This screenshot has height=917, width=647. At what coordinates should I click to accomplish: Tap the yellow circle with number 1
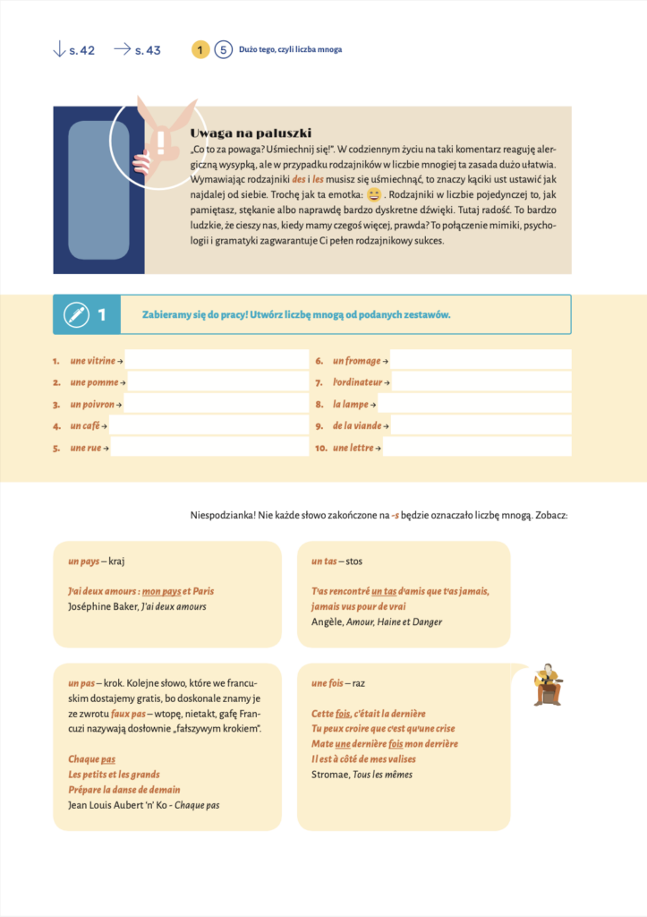click(200, 49)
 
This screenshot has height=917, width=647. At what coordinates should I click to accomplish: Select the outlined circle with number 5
click(223, 49)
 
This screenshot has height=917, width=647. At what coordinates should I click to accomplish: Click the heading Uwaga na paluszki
click(251, 133)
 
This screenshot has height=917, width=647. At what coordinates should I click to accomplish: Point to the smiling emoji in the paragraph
click(374, 194)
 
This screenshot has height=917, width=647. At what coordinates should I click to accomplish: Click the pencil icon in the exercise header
click(77, 314)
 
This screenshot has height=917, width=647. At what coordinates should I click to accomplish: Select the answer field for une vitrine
click(217, 360)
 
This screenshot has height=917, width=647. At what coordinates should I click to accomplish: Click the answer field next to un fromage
click(481, 360)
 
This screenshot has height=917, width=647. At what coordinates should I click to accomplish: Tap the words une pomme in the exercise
click(93, 382)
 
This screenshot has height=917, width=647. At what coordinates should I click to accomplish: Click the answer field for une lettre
click(477, 448)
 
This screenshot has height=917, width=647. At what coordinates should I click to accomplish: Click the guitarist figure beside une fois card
click(547, 685)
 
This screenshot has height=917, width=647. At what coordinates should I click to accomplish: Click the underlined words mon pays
click(161, 591)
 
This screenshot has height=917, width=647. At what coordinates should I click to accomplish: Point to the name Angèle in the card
click(327, 621)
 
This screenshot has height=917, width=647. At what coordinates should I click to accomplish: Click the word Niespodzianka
click(222, 515)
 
